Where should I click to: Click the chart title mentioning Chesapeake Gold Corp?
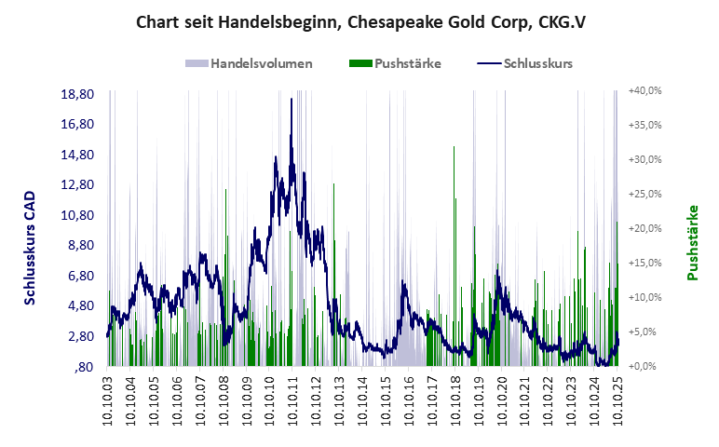[359, 21]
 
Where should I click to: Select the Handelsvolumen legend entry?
[249, 63]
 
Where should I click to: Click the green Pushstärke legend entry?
[395, 63]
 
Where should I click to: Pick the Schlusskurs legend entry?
[524, 63]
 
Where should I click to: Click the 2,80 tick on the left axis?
[77, 336]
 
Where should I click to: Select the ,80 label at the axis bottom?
[83, 367]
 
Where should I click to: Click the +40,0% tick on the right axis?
[644, 91]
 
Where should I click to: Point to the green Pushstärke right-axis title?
[693, 242]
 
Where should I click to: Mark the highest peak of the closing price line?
[292, 99]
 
